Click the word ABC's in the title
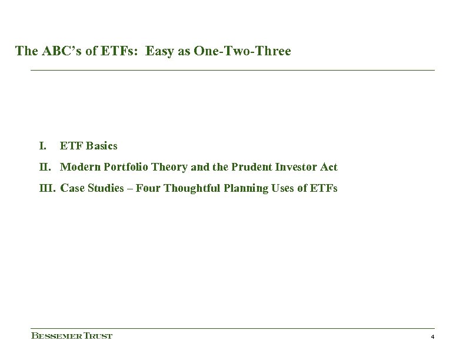[55, 52]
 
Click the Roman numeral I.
[42, 145]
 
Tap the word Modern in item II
[79, 167]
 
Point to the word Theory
[169, 167]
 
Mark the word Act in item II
[329, 167]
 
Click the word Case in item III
[72, 189]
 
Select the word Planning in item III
[236, 189]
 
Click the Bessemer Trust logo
[71, 336]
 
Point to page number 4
[432, 337]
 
